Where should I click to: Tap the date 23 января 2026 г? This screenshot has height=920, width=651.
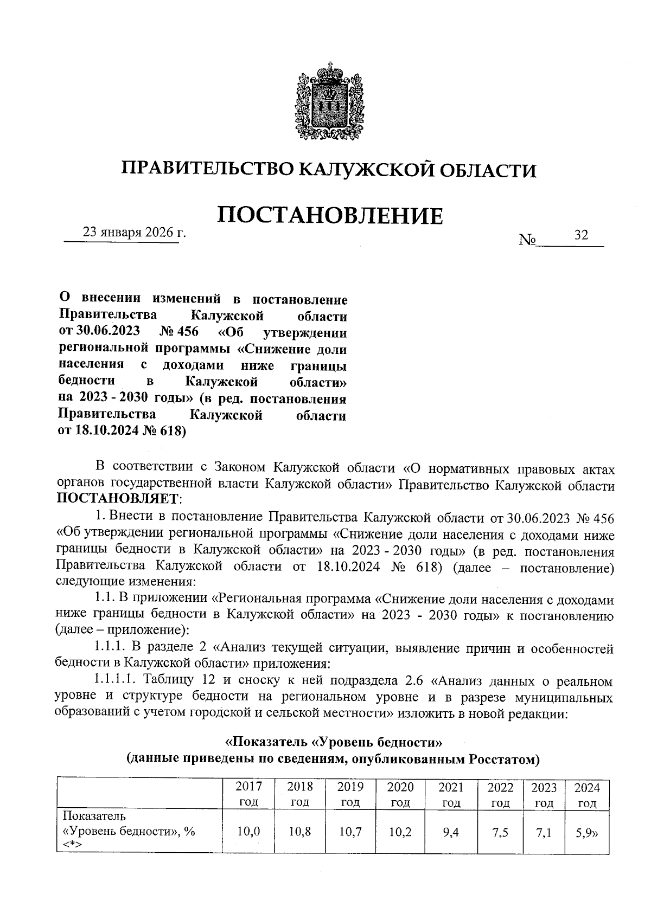(134, 233)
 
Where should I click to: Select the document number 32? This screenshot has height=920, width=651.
(581, 235)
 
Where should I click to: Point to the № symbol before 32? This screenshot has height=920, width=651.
(527, 239)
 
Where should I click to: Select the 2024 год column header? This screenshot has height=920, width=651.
(586, 794)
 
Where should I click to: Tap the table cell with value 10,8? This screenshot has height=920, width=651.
(299, 831)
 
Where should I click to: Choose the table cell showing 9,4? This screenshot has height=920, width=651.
(450, 831)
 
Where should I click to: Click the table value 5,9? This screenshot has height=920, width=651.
(586, 831)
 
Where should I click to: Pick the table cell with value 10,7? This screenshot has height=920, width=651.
(350, 831)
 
